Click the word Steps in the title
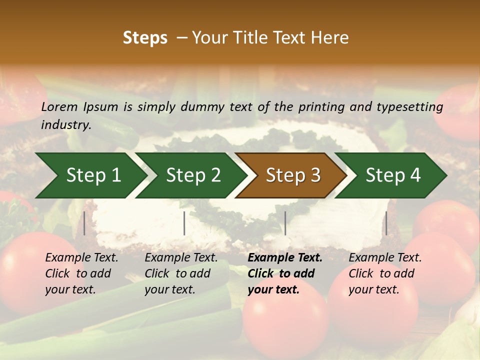tap(145, 38)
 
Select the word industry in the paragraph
tap(65, 125)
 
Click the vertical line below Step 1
tap(84, 223)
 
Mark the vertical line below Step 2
tap(184, 223)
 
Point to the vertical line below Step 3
tap(285, 223)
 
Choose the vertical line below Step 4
tap(386, 223)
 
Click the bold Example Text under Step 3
tap(285, 258)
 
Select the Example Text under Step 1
tap(81, 258)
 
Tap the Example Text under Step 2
tap(181, 258)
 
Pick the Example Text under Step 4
tap(385, 258)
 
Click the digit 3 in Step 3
tap(315, 175)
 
